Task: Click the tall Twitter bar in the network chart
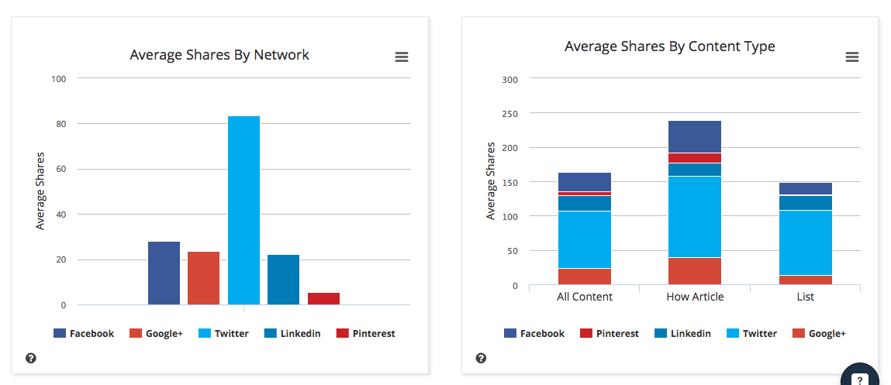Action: [243, 210]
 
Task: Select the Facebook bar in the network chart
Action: [164, 273]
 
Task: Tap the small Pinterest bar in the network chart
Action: [323, 298]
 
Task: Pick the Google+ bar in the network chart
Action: [203, 278]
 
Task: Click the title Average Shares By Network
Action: [219, 55]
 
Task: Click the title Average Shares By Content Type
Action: [669, 46]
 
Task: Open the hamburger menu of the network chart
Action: [401, 57]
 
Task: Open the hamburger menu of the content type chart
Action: [851, 57]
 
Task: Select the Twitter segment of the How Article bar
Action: [695, 217]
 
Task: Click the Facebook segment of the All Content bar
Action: [585, 182]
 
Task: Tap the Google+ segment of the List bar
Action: [805, 280]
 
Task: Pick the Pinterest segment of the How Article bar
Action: [695, 158]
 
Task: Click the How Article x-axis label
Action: [695, 297]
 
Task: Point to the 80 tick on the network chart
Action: [60, 124]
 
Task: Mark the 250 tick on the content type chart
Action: [509, 113]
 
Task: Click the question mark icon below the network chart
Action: [31, 358]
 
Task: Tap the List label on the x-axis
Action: [805, 297]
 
